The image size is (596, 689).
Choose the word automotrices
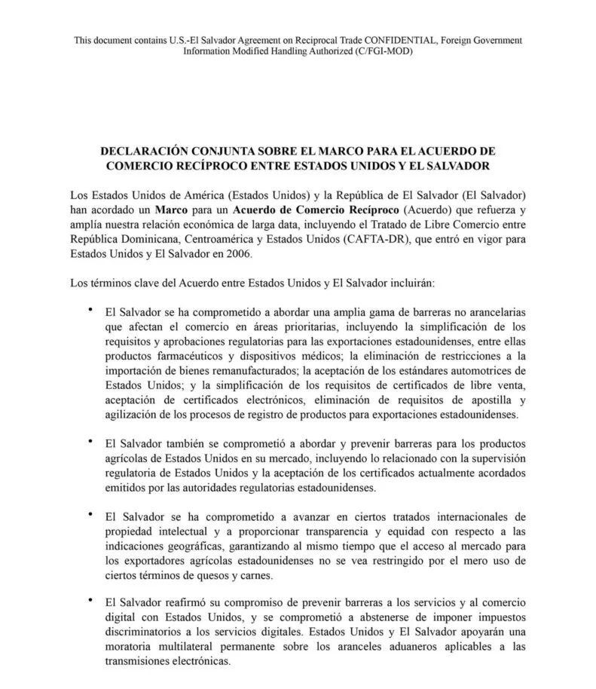click(479, 370)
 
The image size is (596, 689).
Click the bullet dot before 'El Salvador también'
click(90, 440)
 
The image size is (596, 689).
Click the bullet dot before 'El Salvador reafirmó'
click(90, 599)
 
